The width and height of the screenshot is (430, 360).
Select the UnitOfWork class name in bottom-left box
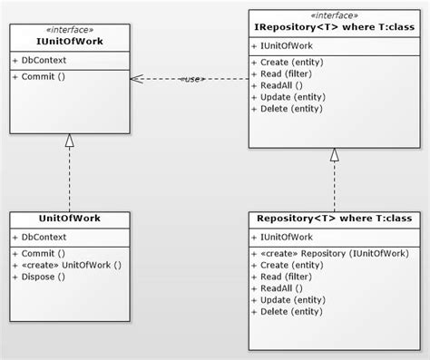click(69, 219)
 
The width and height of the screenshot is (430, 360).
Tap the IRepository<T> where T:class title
click(334, 27)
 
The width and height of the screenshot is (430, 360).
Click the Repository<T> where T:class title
click(334, 219)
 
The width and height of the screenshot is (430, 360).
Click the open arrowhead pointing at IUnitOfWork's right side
click(136, 79)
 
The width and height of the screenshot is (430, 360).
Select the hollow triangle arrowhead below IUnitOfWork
click(69, 141)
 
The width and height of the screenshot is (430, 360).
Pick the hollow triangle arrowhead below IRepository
click(334, 155)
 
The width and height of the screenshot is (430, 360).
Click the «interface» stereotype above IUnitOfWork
click(69, 29)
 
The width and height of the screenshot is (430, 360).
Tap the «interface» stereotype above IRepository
click(334, 15)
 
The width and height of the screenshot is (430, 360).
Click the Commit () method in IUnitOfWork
click(42, 75)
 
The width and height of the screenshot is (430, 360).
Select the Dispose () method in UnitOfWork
click(44, 277)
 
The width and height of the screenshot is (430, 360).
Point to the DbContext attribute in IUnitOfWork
click(43, 60)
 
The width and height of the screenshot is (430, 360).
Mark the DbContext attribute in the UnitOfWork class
click(43, 238)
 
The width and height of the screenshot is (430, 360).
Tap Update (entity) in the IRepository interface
click(292, 96)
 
